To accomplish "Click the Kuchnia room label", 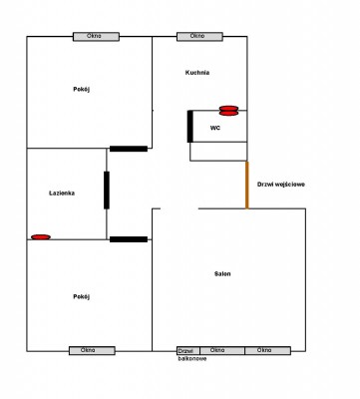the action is coord(197,73).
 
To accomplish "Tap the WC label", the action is coord(215,128).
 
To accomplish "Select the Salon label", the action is coord(222,274).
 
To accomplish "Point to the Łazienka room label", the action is coord(62,193).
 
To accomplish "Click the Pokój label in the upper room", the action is coord(82,89).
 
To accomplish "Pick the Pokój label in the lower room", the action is coord(82,296).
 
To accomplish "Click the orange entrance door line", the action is coord(247,185).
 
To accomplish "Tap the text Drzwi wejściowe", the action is coord(281,185).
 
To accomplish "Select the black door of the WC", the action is coord(190,127).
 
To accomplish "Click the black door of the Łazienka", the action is coord(107,191).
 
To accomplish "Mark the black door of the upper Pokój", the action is coord(129,149).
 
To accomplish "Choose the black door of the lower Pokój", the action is coord(129,239).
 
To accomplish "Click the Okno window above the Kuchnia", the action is coord(199,37).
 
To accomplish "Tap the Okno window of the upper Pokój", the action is coord(96,37).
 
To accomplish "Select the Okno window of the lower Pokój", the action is coord(92,351).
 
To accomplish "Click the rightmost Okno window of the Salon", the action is coord(268,351).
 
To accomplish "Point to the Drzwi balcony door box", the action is coord(188,351).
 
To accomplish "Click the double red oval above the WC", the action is coord(229,111).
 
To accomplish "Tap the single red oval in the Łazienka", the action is coord(41,237).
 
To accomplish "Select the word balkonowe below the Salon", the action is coord(192,359).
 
